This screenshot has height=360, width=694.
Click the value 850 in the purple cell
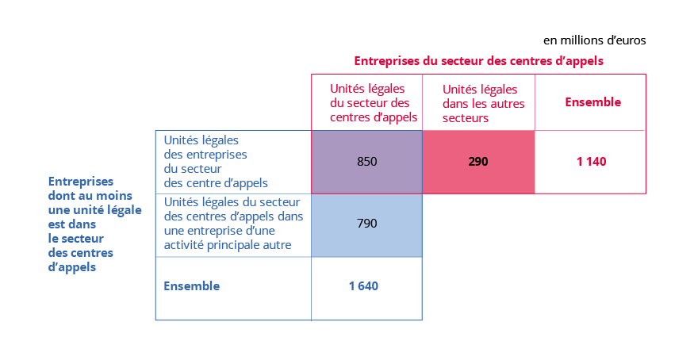click(x=366, y=162)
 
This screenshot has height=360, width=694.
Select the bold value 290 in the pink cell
click(x=478, y=162)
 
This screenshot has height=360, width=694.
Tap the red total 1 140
click(x=591, y=162)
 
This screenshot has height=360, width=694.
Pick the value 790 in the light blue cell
click(x=366, y=224)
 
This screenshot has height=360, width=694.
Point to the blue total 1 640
click(x=364, y=285)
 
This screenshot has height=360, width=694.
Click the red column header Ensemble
click(x=592, y=102)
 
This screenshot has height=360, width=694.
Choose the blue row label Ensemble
click(x=191, y=285)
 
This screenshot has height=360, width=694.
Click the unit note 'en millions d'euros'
click(x=595, y=40)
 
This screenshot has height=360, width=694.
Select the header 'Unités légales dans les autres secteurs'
click(x=480, y=103)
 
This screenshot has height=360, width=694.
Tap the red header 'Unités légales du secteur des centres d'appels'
click(x=367, y=103)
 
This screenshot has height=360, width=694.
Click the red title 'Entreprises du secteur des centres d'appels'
click(x=478, y=60)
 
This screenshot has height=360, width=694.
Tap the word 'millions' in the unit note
click(x=584, y=40)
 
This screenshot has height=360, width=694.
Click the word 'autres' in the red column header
click(x=500, y=103)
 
